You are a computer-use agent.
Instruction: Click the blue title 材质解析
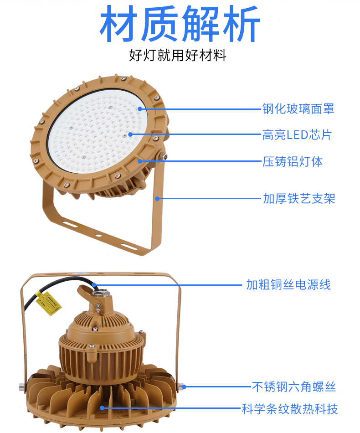point(180,24)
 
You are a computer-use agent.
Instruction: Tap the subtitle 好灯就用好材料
point(178,55)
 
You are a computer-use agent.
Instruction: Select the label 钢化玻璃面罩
point(298,109)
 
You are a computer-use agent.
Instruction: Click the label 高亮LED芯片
point(297,135)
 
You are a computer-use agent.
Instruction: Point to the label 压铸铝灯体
point(293,161)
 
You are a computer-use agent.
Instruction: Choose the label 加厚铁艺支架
point(299,199)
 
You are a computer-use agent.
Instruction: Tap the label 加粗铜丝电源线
point(288,285)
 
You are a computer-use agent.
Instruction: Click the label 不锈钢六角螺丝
point(294,387)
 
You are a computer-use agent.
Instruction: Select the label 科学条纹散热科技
point(290,409)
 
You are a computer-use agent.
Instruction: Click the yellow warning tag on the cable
point(49,304)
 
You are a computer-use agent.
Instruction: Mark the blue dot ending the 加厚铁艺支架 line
point(157,199)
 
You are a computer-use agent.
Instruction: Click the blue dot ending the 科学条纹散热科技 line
point(102,408)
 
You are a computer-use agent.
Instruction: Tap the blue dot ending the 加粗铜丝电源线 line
point(94,285)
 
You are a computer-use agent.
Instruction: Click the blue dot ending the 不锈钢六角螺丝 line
point(184,387)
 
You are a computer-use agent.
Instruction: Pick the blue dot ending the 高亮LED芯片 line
point(130,134)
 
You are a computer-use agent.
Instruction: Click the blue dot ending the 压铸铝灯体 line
point(140,161)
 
